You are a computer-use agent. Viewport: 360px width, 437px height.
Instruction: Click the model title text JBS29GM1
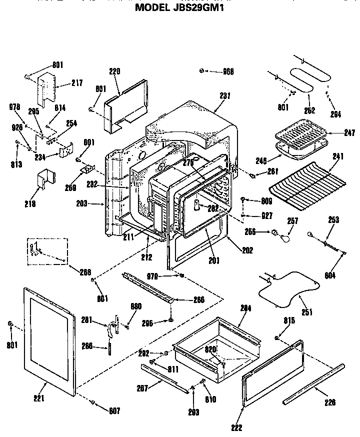[x=179, y=7]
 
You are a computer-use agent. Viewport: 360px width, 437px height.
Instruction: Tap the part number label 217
[x=76, y=83]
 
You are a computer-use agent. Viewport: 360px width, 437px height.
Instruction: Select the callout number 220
[x=115, y=71]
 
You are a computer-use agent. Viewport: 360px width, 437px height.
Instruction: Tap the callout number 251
[x=306, y=312]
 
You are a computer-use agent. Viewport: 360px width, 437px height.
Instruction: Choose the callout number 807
[x=115, y=411]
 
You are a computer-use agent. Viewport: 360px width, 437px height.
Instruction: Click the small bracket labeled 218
[x=46, y=181]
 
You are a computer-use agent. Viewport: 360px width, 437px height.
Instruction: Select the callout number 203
[x=81, y=203]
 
